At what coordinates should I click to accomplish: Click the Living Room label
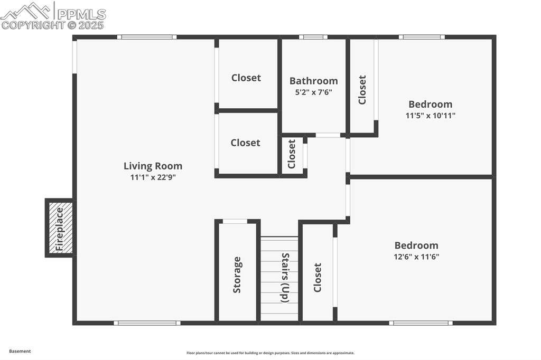click(153, 166)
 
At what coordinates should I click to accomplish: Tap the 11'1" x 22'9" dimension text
click(153, 177)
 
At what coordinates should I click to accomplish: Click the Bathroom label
click(313, 81)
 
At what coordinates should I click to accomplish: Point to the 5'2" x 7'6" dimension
click(313, 92)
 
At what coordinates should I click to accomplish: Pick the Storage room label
click(237, 275)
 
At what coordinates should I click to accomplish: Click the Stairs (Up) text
click(285, 278)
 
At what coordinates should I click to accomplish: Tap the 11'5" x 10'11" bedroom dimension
click(430, 116)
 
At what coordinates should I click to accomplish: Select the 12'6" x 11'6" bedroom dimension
click(416, 257)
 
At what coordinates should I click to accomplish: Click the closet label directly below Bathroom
click(292, 154)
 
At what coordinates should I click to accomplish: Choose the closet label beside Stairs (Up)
click(318, 278)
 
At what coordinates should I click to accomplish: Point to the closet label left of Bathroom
click(246, 78)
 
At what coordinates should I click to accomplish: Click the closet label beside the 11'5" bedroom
click(362, 90)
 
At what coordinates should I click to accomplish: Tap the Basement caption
click(20, 352)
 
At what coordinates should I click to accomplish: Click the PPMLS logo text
click(81, 14)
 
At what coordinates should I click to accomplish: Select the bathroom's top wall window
click(313, 37)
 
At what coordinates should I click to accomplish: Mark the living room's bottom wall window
click(147, 323)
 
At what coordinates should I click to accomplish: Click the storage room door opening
click(235, 221)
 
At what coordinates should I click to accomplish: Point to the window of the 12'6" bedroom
click(421, 323)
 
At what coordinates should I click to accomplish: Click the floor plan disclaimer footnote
click(270, 353)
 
